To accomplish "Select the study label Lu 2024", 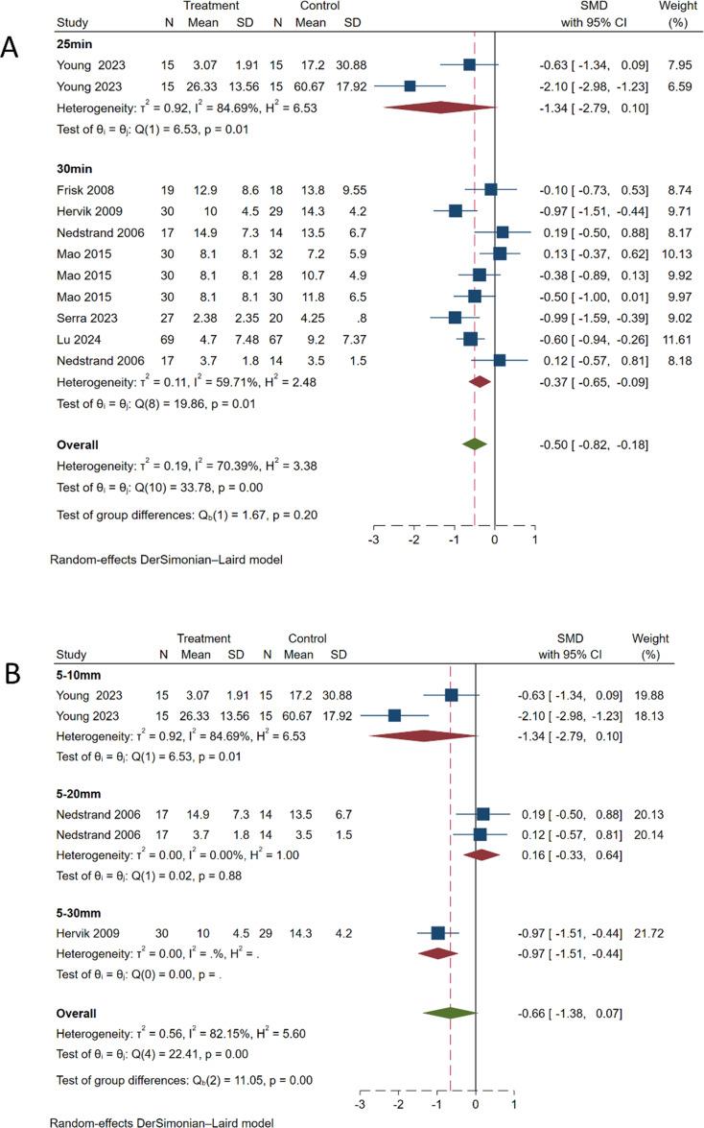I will pos(78,339).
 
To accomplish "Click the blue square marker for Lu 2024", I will pos(470,339).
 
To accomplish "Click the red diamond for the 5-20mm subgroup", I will pos(481,851).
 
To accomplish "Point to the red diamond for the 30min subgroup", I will pos(480,381).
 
